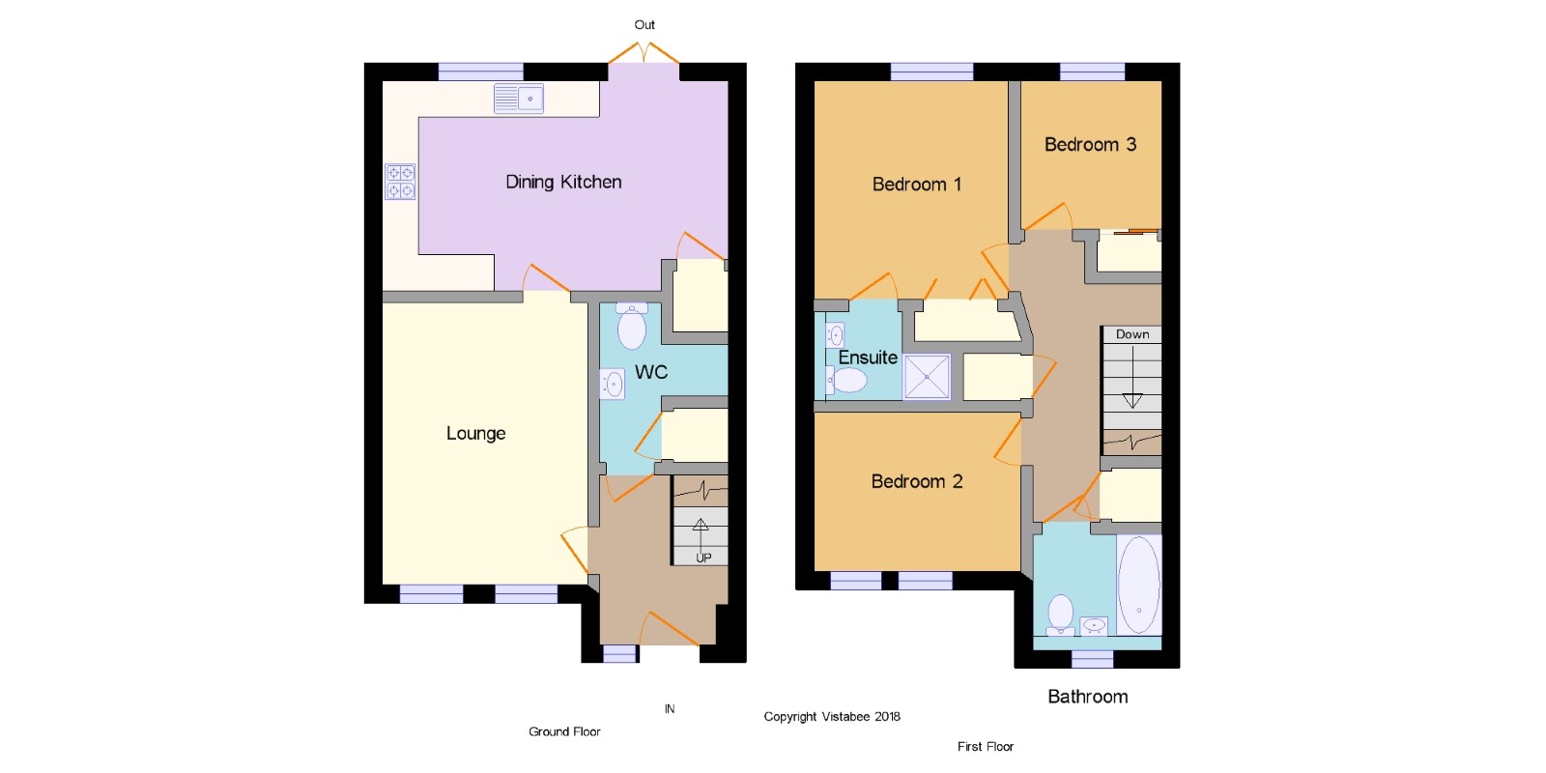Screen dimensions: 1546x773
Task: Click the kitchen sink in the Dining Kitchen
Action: [519, 99]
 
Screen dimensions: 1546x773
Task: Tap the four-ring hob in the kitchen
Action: [400, 182]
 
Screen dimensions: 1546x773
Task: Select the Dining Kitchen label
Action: [563, 183]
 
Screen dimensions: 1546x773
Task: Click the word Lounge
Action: [475, 434]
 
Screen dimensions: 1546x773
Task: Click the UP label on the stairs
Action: [703, 558]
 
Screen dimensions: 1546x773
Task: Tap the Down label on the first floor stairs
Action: [1132, 334]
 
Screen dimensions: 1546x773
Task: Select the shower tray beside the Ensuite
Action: [927, 377]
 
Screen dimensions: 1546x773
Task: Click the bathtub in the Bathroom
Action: [1139, 586]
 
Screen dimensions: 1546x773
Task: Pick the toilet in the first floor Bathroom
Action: [1060, 615]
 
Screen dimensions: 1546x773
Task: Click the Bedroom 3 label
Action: [1090, 144]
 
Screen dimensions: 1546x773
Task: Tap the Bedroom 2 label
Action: [917, 481]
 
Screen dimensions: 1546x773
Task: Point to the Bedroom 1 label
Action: [917, 185]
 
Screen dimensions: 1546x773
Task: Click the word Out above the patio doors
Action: [644, 25]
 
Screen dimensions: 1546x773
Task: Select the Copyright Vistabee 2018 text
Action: [832, 716]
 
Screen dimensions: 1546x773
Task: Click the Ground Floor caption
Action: [564, 731]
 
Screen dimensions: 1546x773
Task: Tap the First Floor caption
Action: [986, 747]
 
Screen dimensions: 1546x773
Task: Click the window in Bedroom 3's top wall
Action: [1093, 72]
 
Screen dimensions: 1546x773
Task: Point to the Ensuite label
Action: [868, 358]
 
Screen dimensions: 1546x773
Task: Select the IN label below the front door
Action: [670, 709]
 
